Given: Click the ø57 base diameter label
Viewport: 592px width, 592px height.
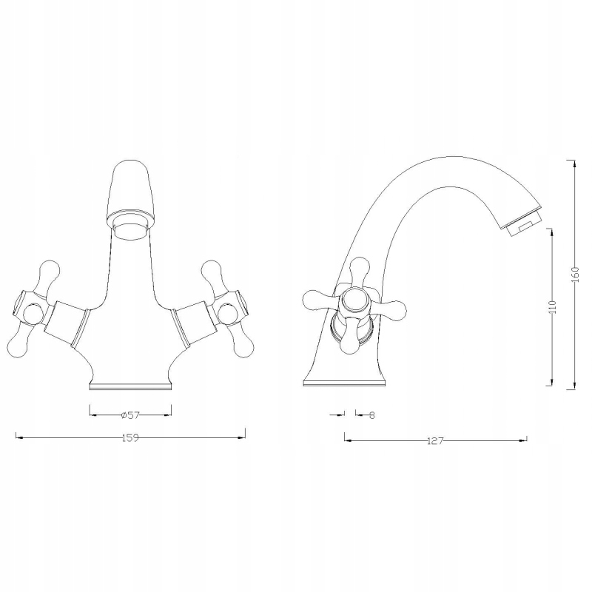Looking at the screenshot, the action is pyautogui.click(x=130, y=415).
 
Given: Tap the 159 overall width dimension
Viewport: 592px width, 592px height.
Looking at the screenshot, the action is pyautogui.click(x=130, y=438).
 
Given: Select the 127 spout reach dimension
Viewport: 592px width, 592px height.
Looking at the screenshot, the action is pyautogui.click(x=435, y=441).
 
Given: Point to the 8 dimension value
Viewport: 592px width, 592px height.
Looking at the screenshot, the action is pyautogui.click(x=371, y=415).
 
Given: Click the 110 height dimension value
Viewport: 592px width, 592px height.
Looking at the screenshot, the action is pyautogui.click(x=553, y=307).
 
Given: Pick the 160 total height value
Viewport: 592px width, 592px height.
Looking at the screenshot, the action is pyautogui.click(x=575, y=275).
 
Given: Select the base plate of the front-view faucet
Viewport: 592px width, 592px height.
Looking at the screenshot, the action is pyautogui.click(x=130, y=386).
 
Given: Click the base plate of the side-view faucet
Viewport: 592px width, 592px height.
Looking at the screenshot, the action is pyautogui.click(x=345, y=383).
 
